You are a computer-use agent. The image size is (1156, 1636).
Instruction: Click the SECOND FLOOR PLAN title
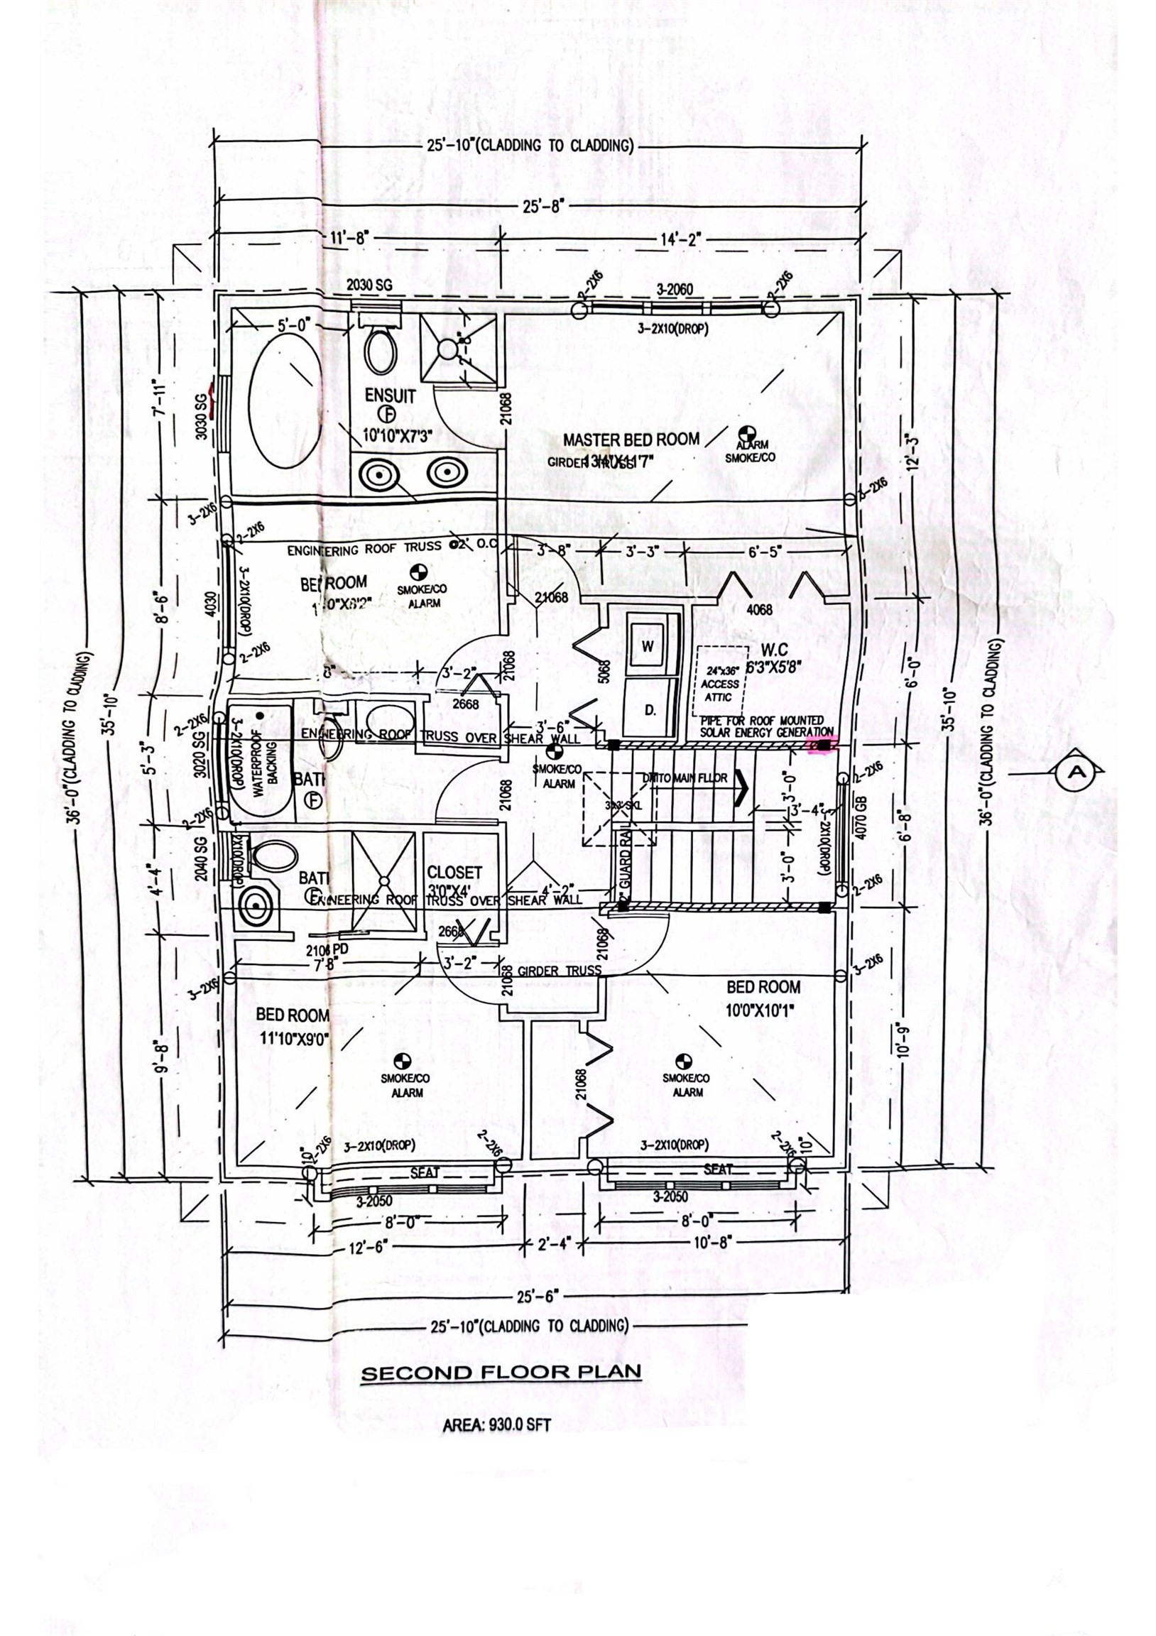pyautogui.click(x=501, y=1373)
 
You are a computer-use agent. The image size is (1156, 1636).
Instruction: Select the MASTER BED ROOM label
pyautogui.click(x=631, y=440)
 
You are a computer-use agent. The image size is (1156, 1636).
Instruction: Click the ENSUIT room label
pyautogui.click(x=390, y=395)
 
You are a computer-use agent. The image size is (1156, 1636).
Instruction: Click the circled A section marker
pyautogui.click(x=1077, y=770)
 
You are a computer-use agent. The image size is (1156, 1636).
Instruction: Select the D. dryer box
pyautogui.click(x=649, y=709)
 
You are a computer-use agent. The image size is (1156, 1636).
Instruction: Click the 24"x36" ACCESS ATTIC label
pyautogui.click(x=721, y=683)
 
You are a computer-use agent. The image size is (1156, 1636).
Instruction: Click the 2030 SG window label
pyautogui.click(x=369, y=285)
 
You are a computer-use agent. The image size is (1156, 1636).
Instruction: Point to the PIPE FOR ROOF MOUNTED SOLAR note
pyautogui.click(x=765, y=726)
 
